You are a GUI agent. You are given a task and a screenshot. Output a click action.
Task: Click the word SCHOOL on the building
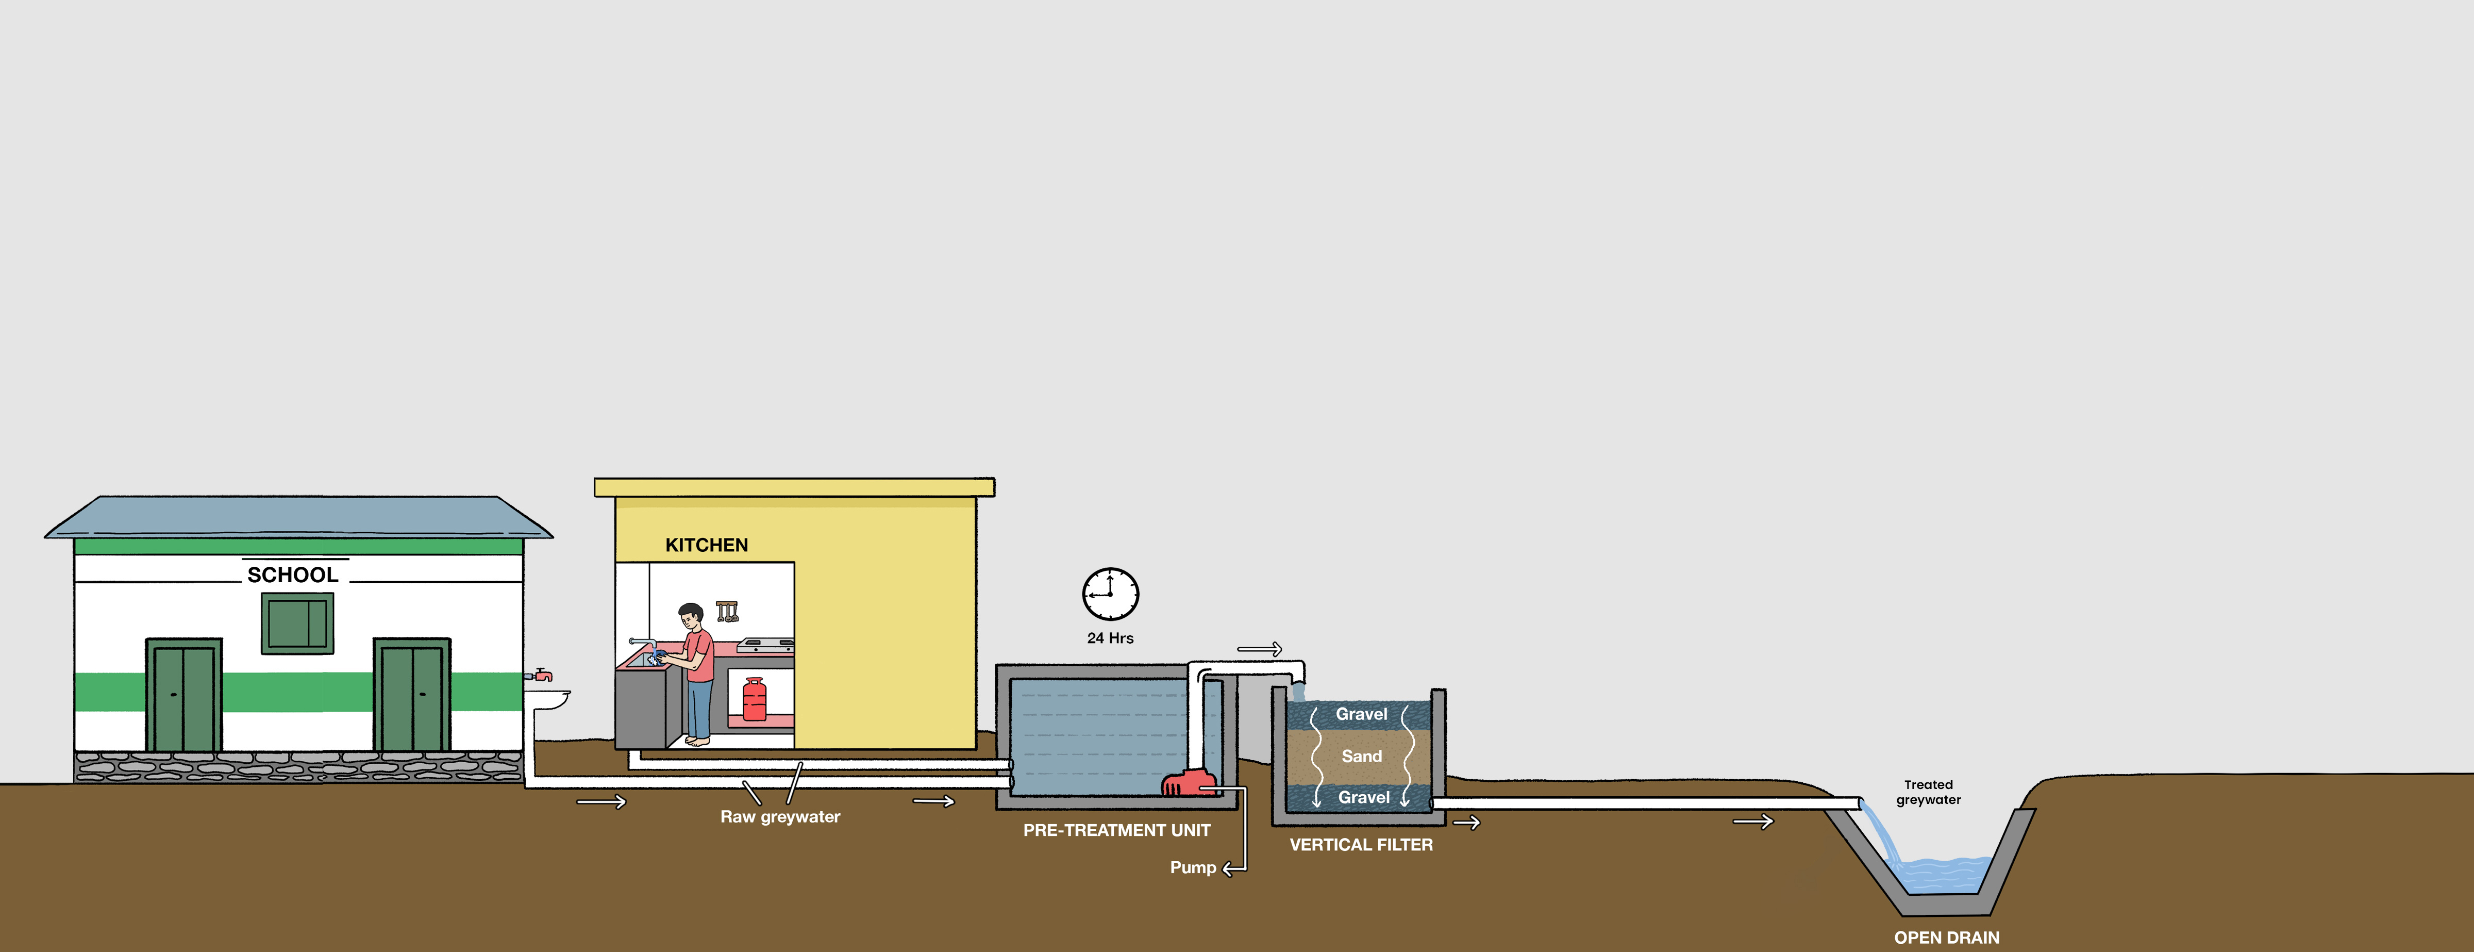click(293, 575)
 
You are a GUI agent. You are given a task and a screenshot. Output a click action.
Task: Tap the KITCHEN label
click(706, 545)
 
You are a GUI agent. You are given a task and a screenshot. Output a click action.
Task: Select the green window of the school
click(298, 622)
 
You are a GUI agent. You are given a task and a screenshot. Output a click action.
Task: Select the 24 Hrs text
click(1110, 638)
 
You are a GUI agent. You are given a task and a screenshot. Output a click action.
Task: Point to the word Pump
click(1193, 867)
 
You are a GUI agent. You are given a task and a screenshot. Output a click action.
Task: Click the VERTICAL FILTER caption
click(1361, 844)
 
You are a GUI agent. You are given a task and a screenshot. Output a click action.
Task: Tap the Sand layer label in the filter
click(1362, 756)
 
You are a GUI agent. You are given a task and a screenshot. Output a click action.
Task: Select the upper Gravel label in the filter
click(1362, 714)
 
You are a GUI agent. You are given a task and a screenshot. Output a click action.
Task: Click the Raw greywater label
click(780, 816)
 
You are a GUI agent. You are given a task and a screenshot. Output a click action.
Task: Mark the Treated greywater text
click(1929, 792)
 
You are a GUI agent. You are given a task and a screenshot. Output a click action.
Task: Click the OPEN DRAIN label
click(1947, 937)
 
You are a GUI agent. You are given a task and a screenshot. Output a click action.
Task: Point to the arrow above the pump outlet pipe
click(1259, 649)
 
